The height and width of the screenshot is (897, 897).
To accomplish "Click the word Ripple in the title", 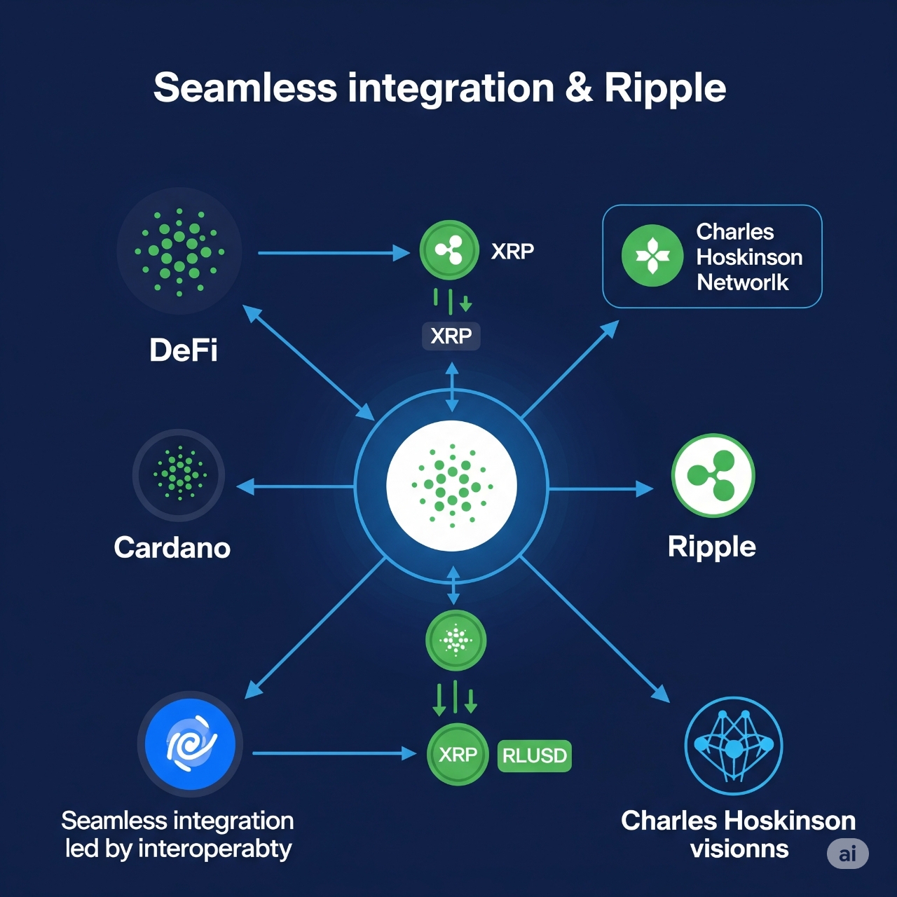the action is click(x=665, y=88).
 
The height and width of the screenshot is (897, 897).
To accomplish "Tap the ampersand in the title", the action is click(x=579, y=88).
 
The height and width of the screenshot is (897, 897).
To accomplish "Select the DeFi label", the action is click(x=183, y=350).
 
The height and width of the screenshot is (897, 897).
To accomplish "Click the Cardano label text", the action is click(x=172, y=547).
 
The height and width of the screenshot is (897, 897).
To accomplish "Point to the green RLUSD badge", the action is click(x=535, y=755).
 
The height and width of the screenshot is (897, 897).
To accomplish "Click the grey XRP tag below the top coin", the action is click(x=451, y=336).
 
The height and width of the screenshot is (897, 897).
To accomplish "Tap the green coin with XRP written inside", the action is click(x=458, y=754).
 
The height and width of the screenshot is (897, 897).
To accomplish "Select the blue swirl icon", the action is click(x=190, y=744).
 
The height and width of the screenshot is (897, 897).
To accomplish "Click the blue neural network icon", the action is click(x=734, y=745).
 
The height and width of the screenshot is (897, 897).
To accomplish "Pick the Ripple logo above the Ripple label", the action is click(x=713, y=475).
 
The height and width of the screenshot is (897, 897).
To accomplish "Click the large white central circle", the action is click(x=451, y=486).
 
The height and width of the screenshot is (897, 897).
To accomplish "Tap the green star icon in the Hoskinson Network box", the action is click(x=652, y=255).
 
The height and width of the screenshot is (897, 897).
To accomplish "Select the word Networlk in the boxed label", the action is click(x=742, y=282).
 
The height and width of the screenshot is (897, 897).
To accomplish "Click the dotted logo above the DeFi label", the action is click(x=179, y=252).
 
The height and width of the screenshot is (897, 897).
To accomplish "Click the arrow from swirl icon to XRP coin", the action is click(x=335, y=753).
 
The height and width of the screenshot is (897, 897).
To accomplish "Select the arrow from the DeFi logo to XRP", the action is click(x=334, y=253).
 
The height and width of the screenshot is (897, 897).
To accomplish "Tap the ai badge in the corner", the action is click(x=848, y=854).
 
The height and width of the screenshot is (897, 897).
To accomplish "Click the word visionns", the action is click(x=739, y=849).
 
